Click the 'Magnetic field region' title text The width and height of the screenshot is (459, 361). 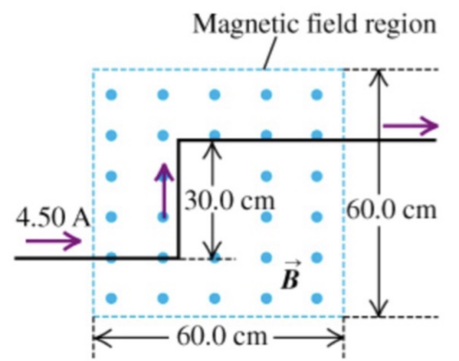pyautogui.click(x=315, y=25)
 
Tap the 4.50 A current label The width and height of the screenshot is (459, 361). pyautogui.click(x=52, y=219)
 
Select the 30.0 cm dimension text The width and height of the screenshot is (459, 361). pyautogui.click(x=230, y=201)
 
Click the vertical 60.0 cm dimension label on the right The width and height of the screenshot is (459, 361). pyautogui.click(x=392, y=210)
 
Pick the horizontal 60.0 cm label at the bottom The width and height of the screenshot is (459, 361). pyautogui.click(x=222, y=336)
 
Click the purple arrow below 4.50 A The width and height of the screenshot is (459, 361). pyautogui.click(x=53, y=241)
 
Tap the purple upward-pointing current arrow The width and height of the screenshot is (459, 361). pyautogui.click(x=165, y=191)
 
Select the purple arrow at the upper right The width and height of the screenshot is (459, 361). pyautogui.click(x=411, y=126)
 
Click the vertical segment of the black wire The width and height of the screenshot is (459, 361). pyautogui.click(x=179, y=200)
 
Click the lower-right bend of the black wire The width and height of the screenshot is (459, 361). pyautogui.click(x=179, y=258)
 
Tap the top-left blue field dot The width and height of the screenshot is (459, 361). pyautogui.click(x=111, y=94)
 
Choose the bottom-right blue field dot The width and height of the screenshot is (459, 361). pyautogui.click(x=316, y=298)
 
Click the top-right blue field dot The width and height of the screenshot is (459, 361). pyautogui.click(x=316, y=94)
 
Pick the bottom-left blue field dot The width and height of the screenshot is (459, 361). pyautogui.click(x=111, y=298)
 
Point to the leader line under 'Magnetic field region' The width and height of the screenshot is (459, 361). pyautogui.click(x=270, y=53)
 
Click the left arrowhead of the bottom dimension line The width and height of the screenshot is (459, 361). pyautogui.click(x=101, y=338)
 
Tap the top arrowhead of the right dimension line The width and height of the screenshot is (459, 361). pyautogui.click(x=379, y=77)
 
